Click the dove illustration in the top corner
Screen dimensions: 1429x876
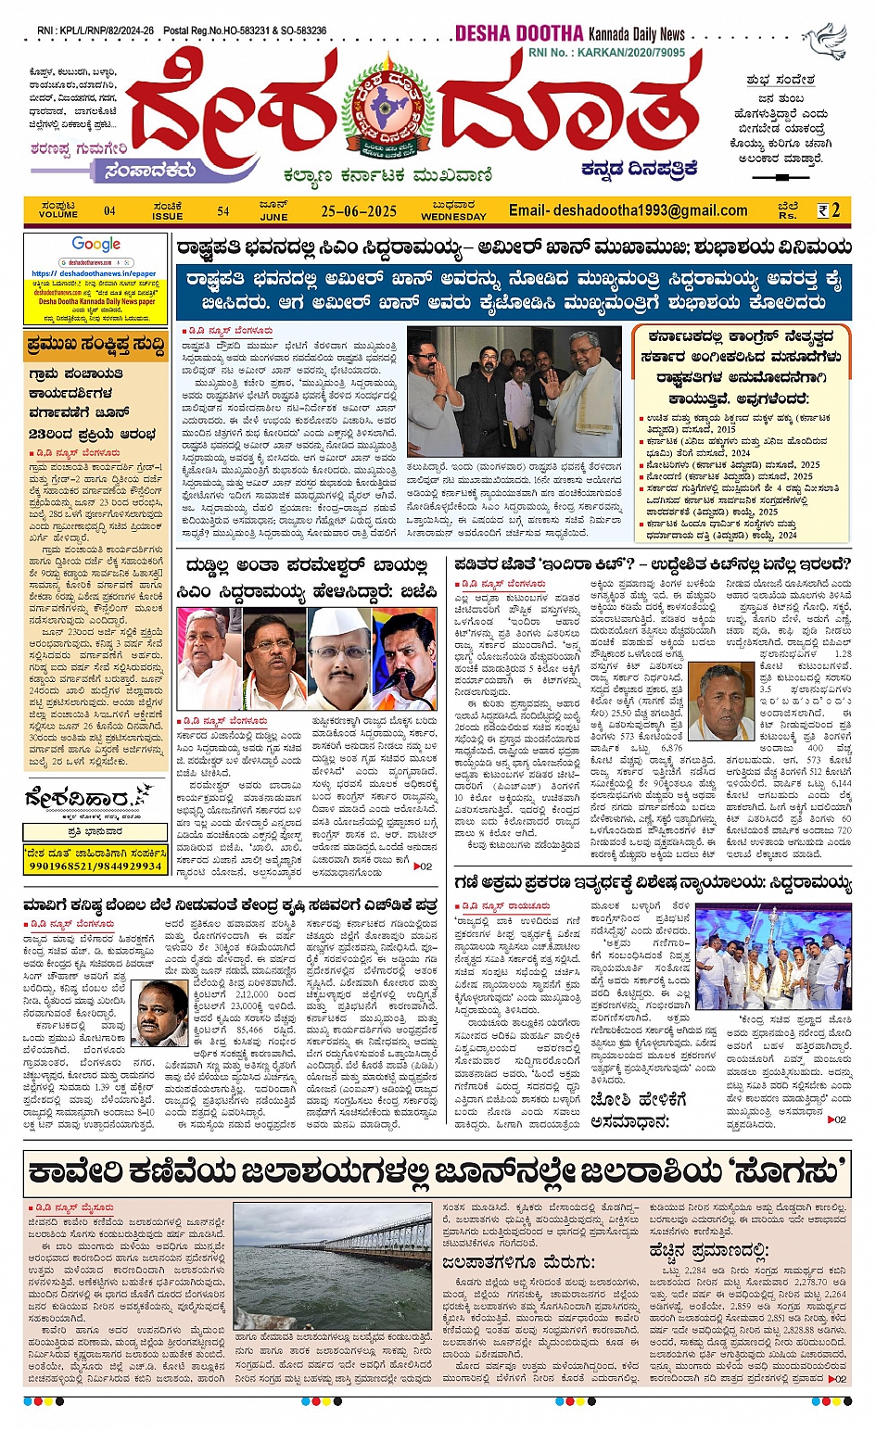coord(825,42)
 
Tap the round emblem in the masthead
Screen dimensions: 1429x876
coord(387,107)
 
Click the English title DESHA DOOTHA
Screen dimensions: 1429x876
coord(518,34)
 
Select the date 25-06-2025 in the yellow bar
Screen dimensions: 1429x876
coord(359,211)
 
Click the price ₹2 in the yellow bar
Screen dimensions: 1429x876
coord(828,210)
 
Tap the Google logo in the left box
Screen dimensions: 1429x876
coord(96,245)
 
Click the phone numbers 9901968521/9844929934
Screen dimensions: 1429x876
coord(95,866)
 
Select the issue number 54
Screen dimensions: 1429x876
coord(223,211)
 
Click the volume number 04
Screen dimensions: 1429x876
coord(109,211)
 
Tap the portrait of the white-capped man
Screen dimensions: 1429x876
coord(338,659)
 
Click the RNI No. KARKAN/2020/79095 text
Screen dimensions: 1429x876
coord(606,53)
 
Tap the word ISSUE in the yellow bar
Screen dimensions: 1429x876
coord(168,217)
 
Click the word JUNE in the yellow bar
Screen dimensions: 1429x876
coord(273,217)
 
